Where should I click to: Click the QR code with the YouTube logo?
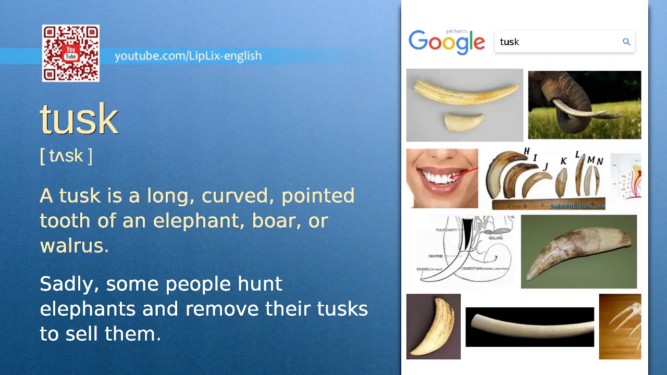coord(71,53)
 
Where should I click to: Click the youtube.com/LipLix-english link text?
coord(188,56)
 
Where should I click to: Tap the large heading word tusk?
coord(79,120)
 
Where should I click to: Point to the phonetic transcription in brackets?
coord(66,156)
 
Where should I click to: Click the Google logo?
coord(447,42)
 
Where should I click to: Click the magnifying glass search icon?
coord(626,42)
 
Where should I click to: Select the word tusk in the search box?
coord(510,42)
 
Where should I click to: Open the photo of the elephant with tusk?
coord(585,105)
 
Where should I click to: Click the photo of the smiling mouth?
coord(442,178)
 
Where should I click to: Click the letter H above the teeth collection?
coord(526,152)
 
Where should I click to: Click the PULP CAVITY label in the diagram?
coord(446,230)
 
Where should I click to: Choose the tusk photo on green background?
coord(578,252)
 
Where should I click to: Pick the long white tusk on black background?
coord(529,327)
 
